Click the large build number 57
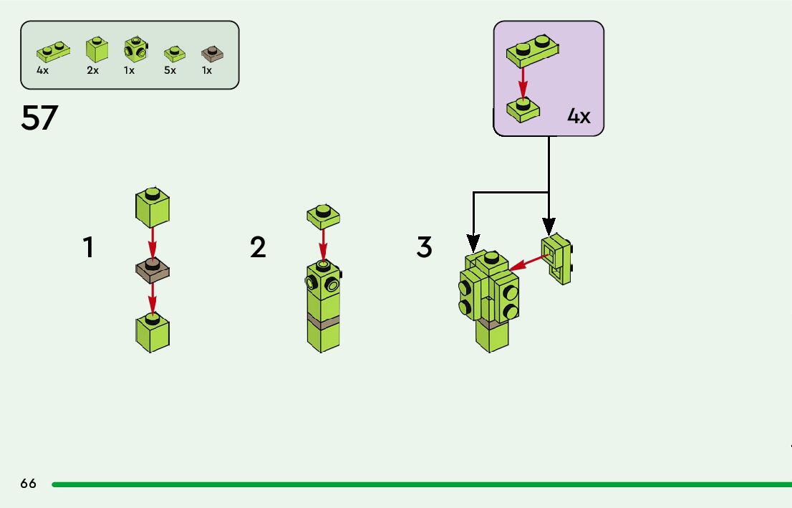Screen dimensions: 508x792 coord(39,118)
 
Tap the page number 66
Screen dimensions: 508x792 coord(28,484)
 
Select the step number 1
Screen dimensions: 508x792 coord(87,248)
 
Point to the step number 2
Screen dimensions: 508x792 coord(258,248)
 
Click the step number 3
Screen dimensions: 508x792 coord(425,248)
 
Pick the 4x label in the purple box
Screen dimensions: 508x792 coord(579,116)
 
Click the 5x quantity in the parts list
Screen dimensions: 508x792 coord(170,71)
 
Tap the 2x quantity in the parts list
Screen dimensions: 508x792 coord(93,71)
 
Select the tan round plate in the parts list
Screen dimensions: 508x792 coord(212,53)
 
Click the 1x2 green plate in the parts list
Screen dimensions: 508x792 coord(52,51)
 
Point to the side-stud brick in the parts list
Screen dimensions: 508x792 coord(134,49)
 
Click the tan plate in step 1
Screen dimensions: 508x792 coord(152,270)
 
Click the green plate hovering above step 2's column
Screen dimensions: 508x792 coord(323,214)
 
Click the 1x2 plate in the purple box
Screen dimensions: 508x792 coord(533,49)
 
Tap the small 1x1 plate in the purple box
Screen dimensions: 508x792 coord(522,110)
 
